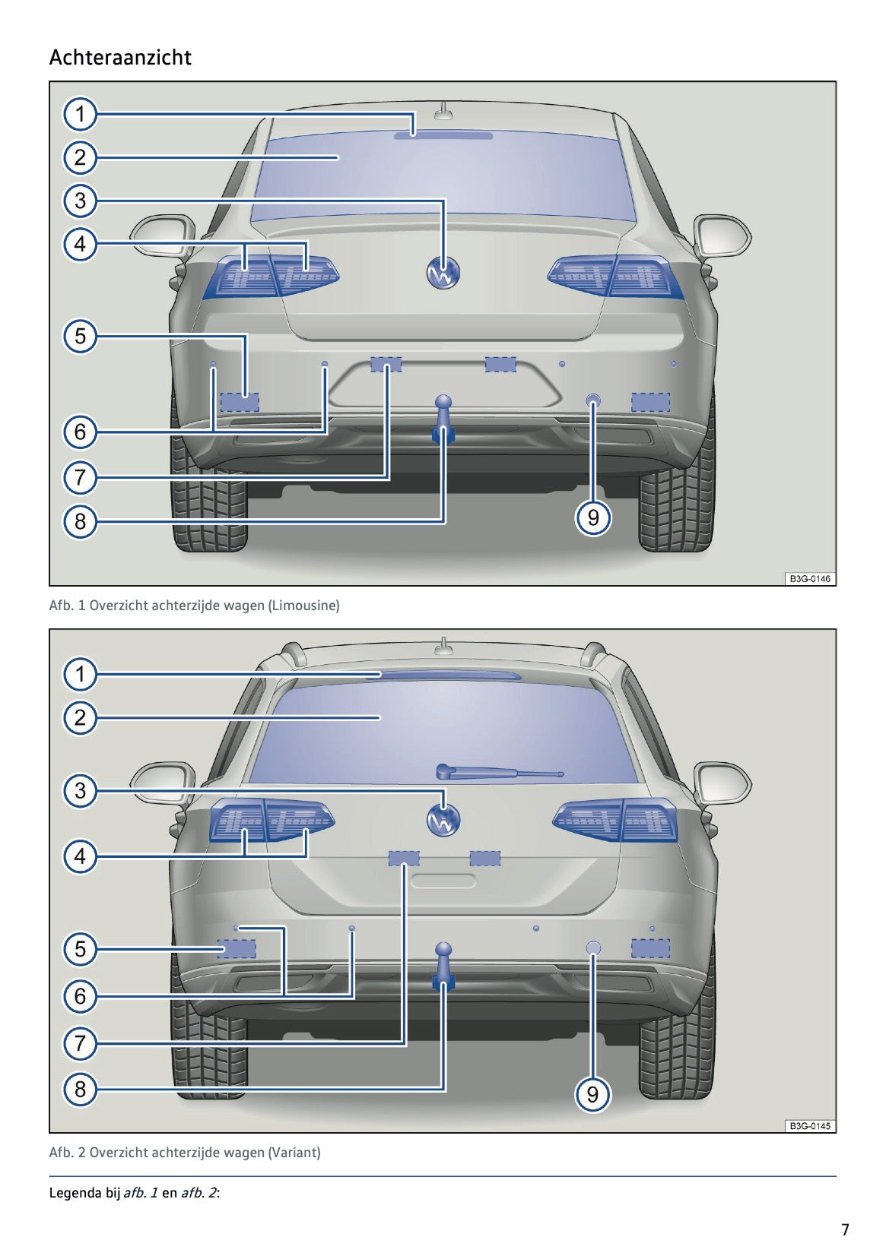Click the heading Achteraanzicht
120,58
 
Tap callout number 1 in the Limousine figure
80,115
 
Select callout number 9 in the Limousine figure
593,518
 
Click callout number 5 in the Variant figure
80,949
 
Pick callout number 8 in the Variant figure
80,1090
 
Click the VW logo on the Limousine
443,274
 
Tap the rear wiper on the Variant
498,773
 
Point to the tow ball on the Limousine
443,403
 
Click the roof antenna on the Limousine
443,112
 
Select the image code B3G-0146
809,579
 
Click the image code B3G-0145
809,1126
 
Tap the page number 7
845,1229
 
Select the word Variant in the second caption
294,1153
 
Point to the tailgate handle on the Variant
443,881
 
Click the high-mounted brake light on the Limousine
443,136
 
